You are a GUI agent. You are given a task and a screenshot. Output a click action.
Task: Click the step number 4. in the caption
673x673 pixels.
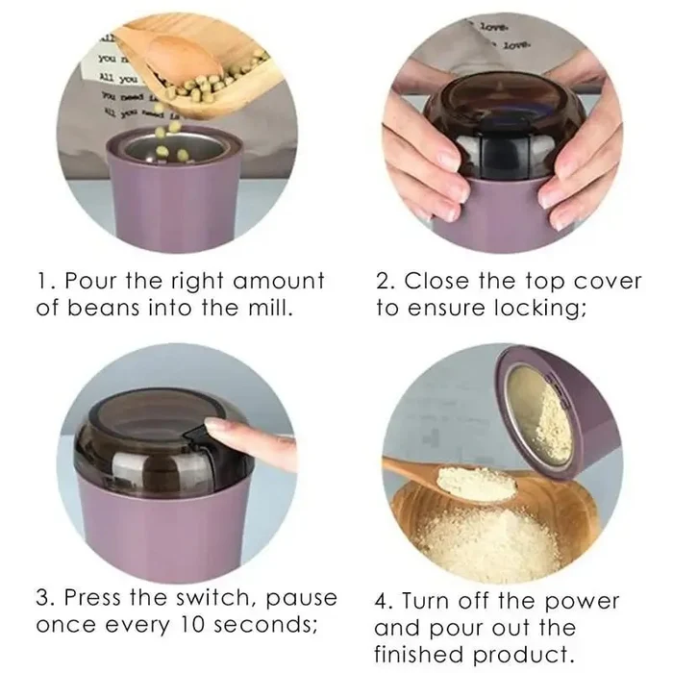click(x=384, y=601)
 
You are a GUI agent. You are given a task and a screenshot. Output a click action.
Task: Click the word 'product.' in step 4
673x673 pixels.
click(x=541, y=655)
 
